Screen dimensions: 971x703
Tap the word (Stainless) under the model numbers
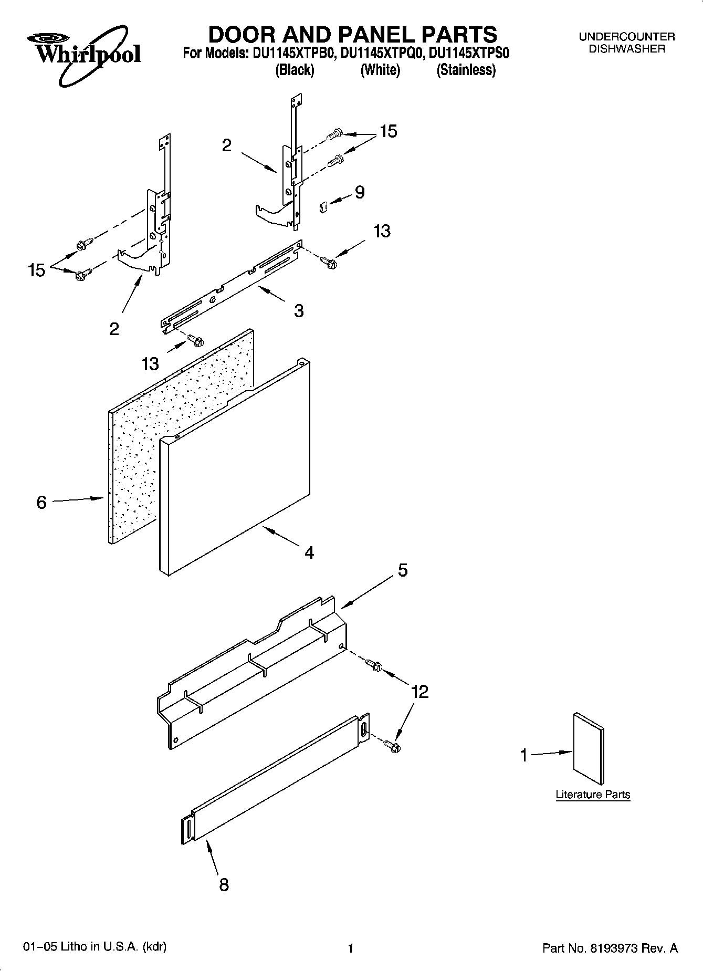click(x=466, y=70)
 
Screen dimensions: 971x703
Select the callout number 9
click(x=360, y=192)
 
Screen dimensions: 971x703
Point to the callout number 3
click(x=299, y=311)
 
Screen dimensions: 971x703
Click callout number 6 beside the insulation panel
click(x=41, y=503)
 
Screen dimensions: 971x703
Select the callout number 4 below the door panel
click(x=309, y=552)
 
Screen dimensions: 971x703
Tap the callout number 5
click(x=403, y=570)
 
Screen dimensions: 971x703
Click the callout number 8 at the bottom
click(x=224, y=885)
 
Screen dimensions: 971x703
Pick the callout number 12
click(x=420, y=692)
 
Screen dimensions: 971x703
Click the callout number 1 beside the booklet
click(x=523, y=755)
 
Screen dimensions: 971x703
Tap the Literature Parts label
click(x=593, y=795)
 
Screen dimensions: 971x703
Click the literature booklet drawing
click(x=589, y=748)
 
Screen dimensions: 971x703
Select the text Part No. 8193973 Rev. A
click(x=610, y=948)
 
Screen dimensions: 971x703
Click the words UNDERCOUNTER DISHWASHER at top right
click(x=626, y=43)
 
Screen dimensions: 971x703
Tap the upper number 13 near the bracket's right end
click(x=382, y=231)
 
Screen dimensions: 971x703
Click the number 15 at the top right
click(x=389, y=131)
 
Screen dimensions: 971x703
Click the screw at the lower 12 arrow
click(x=392, y=745)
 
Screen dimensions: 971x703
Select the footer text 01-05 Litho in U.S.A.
click(x=95, y=947)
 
